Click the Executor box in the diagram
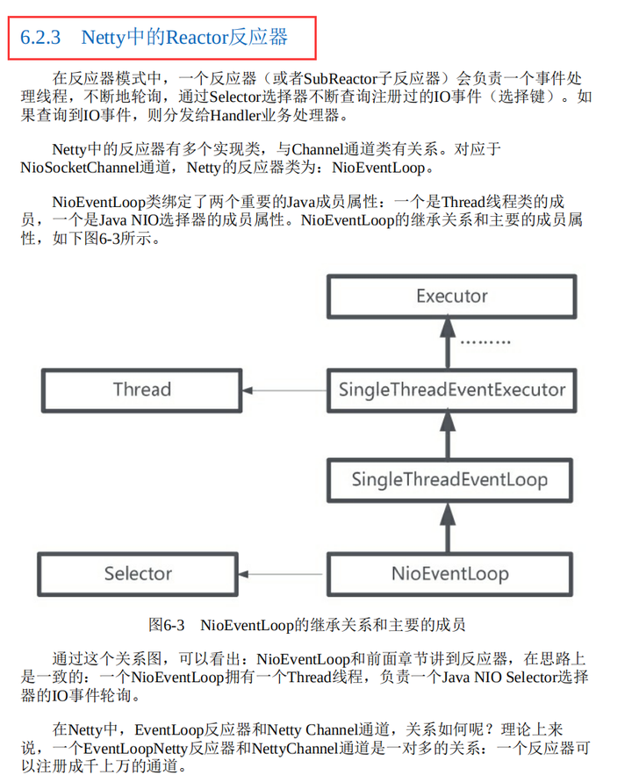point(452,296)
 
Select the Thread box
point(142,390)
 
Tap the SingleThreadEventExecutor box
point(452,390)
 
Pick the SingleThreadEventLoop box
point(449,480)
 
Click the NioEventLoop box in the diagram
point(449,574)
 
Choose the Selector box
point(138,574)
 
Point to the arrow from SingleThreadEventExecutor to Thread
point(284,391)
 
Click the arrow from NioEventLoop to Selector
point(280,574)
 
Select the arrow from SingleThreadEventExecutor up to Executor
point(448,343)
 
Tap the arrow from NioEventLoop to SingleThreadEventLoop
point(448,527)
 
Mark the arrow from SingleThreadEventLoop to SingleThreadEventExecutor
point(448,435)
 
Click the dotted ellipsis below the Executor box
point(485,342)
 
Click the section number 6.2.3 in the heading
point(40,38)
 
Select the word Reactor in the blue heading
point(197,38)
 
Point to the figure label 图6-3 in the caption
point(167,625)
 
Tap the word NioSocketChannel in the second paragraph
point(80,168)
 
